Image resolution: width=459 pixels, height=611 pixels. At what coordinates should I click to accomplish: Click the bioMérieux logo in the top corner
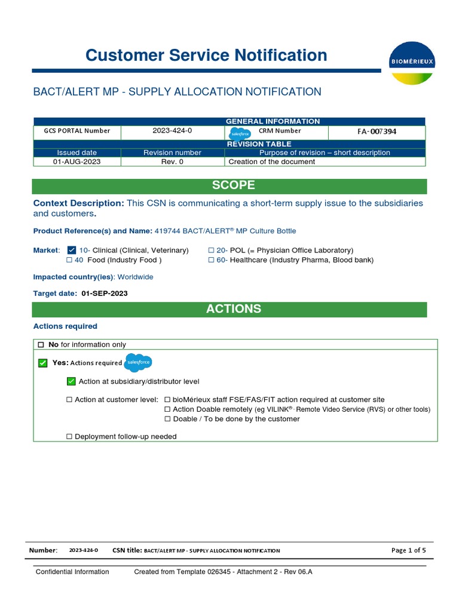(x=412, y=63)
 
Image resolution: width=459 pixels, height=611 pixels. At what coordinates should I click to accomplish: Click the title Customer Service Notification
(x=206, y=55)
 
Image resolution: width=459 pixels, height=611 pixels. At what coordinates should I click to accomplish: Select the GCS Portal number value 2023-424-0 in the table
(x=172, y=131)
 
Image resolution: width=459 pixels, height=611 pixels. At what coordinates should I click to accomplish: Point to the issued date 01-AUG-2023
(x=77, y=162)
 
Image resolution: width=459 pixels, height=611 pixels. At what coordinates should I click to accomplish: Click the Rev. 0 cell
(x=172, y=162)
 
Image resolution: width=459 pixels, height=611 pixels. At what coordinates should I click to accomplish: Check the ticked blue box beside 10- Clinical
(x=72, y=250)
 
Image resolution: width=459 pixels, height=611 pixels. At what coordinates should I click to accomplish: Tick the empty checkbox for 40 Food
(x=69, y=260)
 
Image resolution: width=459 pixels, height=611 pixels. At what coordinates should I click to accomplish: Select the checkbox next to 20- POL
(x=212, y=251)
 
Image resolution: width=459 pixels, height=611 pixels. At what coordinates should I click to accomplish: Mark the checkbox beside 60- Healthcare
(x=212, y=260)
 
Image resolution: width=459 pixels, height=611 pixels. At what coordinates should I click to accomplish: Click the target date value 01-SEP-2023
(x=104, y=293)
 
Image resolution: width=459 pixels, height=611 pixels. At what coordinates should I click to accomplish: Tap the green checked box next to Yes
(x=42, y=363)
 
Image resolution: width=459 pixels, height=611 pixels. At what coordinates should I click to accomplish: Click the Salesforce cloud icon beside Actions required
(x=138, y=362)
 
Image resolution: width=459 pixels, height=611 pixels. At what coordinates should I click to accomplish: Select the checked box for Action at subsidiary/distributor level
(x=71, y=381)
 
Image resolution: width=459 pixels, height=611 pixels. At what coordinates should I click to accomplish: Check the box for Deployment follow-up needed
(x=69, y=437)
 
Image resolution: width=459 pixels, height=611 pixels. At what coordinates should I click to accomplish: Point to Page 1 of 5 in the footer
(x=408, y=550)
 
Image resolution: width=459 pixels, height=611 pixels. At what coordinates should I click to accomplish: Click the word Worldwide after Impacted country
(x=136, y=277)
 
